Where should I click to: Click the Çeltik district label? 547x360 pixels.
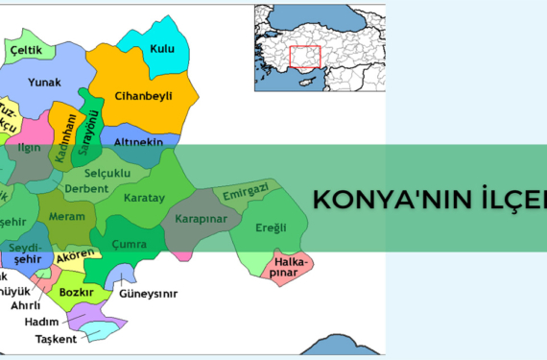pos(26,48)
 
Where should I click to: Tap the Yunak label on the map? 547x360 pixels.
pos(44,83)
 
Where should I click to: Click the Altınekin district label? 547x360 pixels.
pos(140,141)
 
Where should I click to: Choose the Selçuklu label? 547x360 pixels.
pos(107,173)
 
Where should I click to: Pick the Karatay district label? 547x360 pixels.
pos(144,197)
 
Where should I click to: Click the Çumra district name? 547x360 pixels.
pos(130,245)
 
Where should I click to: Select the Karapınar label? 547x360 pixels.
pos(202,218)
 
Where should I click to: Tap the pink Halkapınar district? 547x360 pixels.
pos(289,265)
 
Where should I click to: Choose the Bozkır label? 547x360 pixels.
pos(76,290)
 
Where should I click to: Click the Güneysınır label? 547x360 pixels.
pos(150,294)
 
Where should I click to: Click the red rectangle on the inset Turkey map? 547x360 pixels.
pos(304,57)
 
